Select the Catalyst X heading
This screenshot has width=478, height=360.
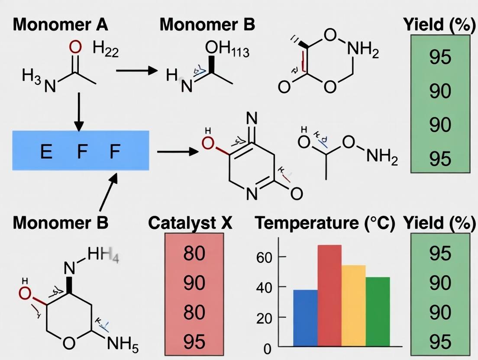click(190, 223)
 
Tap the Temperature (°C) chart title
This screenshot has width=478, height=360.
click(325, 223)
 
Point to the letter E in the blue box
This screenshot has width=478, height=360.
click(47, 152)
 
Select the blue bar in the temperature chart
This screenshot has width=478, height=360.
click(305, 318)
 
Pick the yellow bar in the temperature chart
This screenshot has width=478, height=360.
click(354, 305)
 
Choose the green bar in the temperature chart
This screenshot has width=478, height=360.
click(378, 312)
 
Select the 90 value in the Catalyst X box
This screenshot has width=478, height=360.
click(194, 283)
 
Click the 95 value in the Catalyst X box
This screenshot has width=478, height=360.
click(194, 342)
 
